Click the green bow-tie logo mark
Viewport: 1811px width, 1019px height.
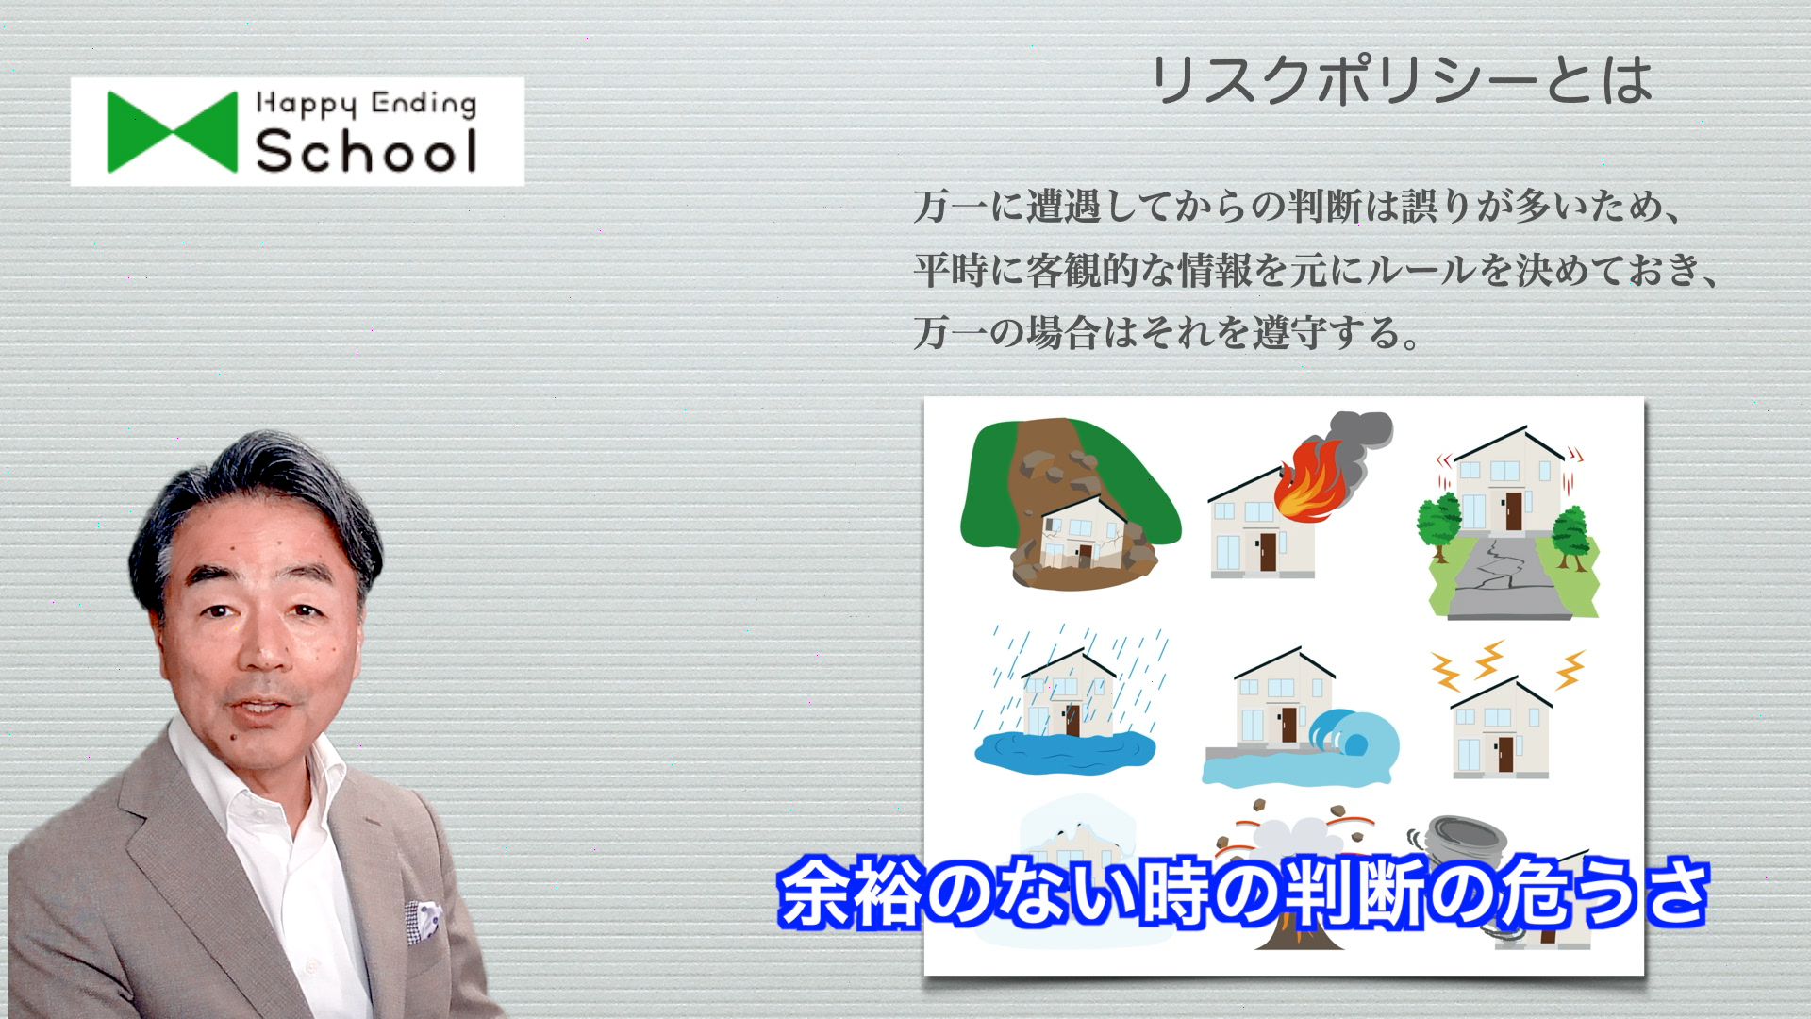[172, 132]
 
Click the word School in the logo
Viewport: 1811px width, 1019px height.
[367, 151]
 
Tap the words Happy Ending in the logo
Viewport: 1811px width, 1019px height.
[367, 104]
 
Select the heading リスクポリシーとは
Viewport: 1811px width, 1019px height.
[1402, 80]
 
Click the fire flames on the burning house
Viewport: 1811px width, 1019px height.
[1308, 481]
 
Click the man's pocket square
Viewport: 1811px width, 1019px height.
[423, 921]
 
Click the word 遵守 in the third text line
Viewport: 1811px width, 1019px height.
[1290, 333]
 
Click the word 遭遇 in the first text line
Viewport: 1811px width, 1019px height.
[1064, 207]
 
